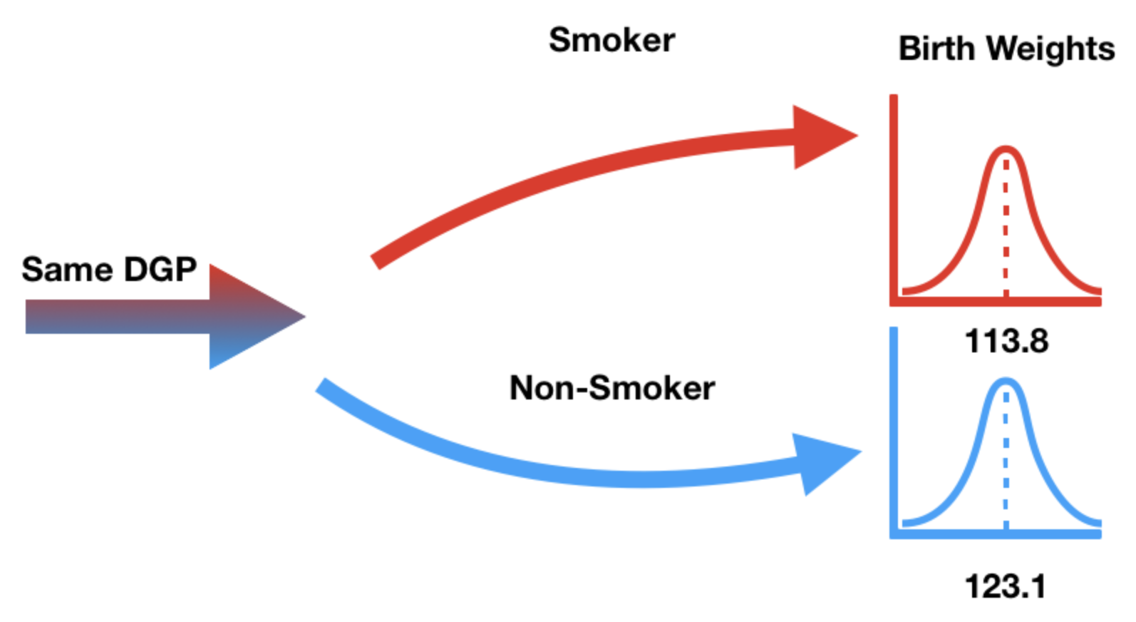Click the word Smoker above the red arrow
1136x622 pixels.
point(611,40)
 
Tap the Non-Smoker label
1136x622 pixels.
point(612,389)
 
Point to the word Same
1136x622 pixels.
point(68,270)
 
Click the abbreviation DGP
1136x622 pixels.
point(160,270)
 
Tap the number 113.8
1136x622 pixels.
point(1006,342)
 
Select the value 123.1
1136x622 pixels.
point(1005,587)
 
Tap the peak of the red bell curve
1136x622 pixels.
point(1006,149)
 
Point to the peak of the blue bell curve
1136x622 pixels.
point(1006,382)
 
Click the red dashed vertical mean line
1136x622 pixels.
point(1006,228)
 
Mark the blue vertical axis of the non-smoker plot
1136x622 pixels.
point(894,428)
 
